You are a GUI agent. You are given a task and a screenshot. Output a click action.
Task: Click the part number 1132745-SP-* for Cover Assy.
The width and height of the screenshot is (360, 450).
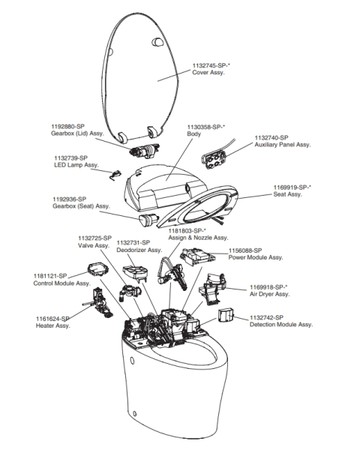coord(217,68)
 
